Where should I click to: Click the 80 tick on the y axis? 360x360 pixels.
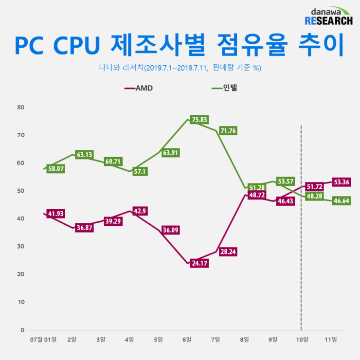(x=20, y=107)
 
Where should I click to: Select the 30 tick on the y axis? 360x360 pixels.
(x=20, y=247)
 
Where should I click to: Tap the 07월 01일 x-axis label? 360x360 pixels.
(x=43, y=339)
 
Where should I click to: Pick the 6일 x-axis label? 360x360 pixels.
(x=187, y=339)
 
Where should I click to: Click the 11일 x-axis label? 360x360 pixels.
(x=331, y=339)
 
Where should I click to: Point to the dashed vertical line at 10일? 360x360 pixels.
(x=301, y=243)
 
